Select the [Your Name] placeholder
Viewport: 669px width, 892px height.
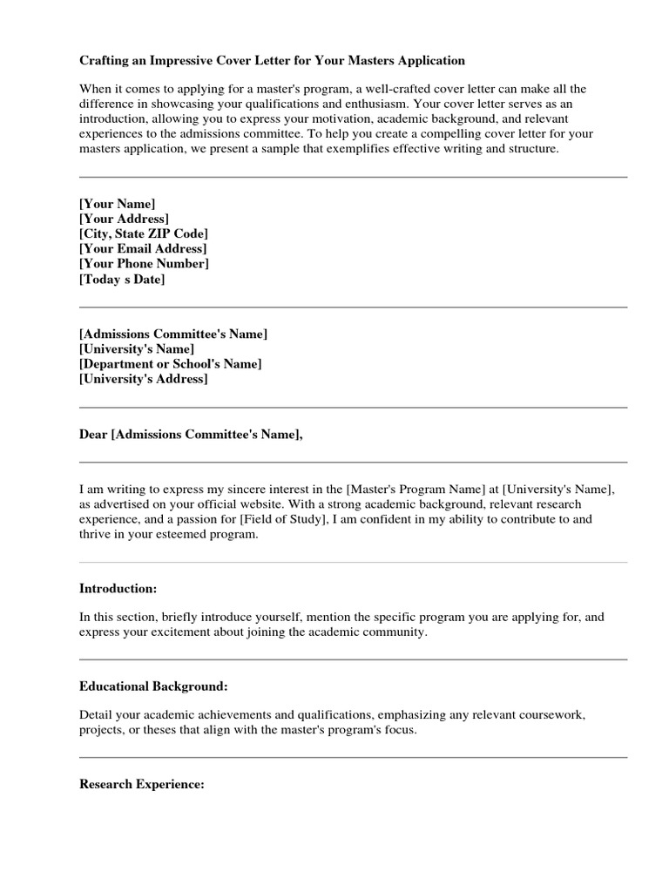coord(117,203)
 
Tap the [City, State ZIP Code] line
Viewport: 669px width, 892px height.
coord(144,233)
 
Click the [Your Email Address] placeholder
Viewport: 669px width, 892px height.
coord(143,249)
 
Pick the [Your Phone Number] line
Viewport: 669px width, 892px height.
coord(144,264)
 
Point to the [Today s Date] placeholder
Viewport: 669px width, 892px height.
coord(122,280)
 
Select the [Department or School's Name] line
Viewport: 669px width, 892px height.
coord(170,363)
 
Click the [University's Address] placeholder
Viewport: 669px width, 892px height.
coord(144,379)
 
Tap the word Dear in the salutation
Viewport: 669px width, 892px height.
coord(93,435)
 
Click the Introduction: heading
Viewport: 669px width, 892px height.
coord(118,588)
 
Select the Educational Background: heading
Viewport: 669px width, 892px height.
coord(153,686)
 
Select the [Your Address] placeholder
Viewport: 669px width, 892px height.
coord(124,219)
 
